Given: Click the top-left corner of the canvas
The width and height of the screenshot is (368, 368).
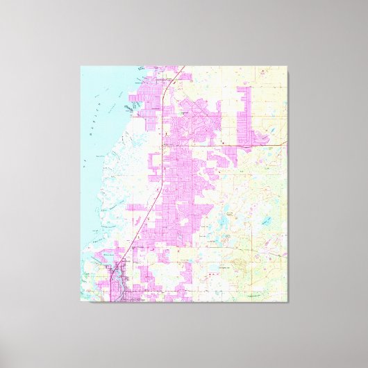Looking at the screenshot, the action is coord(81,66).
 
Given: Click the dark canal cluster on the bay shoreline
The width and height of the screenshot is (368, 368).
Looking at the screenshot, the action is coord(129,108).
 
